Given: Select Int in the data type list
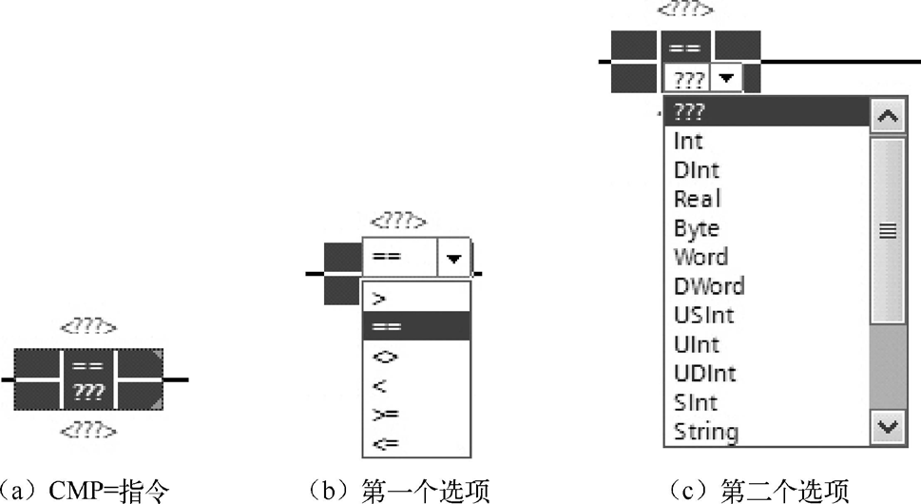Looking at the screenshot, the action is coord(688,142).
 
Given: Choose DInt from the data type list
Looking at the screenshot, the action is coord(696,170).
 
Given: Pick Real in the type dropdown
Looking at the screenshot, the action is coord(697,200).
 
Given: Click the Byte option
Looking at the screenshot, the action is coord(696,228).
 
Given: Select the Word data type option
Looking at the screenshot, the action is coord(700,257).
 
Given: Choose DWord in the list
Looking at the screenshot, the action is coord(709,286).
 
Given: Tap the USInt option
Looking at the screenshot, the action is coord(703,315).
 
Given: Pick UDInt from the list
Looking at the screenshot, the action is coord(704,373).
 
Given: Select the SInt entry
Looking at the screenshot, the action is coord(695,402).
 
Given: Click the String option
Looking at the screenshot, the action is coord(705,432).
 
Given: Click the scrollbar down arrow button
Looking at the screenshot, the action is coord(888,427).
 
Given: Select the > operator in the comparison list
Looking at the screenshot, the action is coord(380,299).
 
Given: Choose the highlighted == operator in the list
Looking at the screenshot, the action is coord(387,327).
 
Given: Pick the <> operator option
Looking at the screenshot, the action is coord(385,357).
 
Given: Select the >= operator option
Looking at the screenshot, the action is coord(385,415).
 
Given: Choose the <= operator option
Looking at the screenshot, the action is coord(385,443).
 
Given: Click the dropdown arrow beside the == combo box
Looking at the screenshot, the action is coord(454,258).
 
